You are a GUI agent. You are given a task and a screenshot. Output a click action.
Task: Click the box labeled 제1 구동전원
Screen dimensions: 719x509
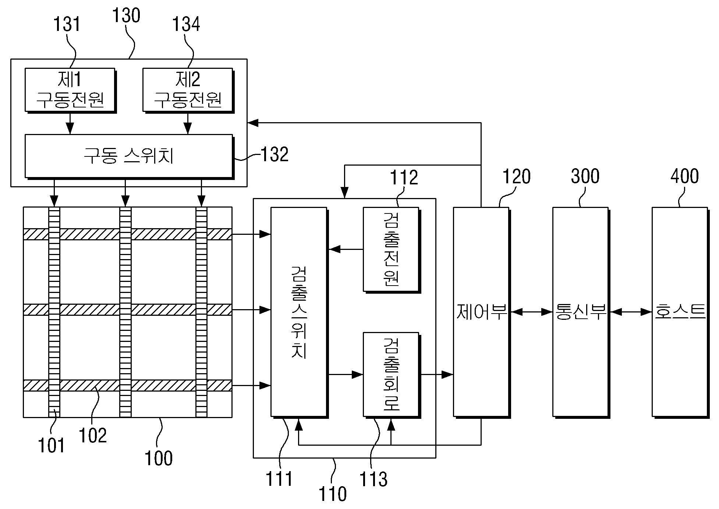(70, 90)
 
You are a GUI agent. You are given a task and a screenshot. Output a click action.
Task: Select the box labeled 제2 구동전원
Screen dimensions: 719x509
(188, 90)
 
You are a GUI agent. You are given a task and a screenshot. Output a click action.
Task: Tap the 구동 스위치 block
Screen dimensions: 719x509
(129, 156)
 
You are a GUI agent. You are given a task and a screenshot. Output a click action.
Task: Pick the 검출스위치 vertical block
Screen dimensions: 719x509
(299, 312)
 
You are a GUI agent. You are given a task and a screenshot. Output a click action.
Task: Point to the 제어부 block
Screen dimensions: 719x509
(481, 312)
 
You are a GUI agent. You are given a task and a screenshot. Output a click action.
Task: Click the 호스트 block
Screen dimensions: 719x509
(680, 312)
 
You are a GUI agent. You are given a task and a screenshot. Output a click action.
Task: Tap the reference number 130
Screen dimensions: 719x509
(126, 16)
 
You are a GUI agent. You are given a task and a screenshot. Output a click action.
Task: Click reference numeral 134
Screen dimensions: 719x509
(186, 24)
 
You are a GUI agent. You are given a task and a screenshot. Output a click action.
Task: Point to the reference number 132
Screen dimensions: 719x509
(275, 155)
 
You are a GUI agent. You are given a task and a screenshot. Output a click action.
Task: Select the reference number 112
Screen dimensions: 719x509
(404, 177)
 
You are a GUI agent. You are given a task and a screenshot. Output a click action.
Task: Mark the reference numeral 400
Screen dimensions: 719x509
(685, 176)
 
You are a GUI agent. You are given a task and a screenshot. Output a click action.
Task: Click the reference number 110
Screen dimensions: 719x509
(333, 494)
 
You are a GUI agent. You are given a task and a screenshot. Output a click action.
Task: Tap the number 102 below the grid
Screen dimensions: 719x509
(93, 435)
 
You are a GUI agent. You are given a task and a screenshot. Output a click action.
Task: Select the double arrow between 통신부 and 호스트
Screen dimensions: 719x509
(631, 312)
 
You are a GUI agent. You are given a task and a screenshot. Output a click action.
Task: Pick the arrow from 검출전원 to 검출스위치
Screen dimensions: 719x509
(346, 250)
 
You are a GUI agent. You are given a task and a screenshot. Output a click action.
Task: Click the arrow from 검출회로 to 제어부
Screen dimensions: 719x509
(437, 375)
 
